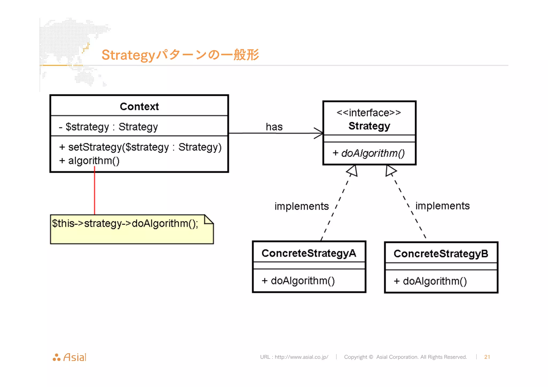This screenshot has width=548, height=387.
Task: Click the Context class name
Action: pyautogui.click(x=139, y=106)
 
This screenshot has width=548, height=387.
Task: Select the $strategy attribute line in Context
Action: pyautogui.click(x=108, y=127)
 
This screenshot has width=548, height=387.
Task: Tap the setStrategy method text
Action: pyautogui.click(x=140, y=147)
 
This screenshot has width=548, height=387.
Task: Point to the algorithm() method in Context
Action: pyautogui.click(x=90, y=161)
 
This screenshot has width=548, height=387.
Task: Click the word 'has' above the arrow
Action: pyautogui.click(x=274, y=127)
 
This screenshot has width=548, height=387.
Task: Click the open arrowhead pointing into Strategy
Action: pyautogui.click(x=318, y=133)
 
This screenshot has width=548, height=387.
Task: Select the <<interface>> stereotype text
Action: pyautogui.click(x=369, y=113)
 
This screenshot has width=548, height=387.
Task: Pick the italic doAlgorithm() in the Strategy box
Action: pyautogui.click(x=369, y=153)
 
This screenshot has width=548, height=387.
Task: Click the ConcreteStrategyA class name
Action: pyautogui.click(x=309, y=253)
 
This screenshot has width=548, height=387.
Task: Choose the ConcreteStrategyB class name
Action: pyautogui.click(x=441, y=254)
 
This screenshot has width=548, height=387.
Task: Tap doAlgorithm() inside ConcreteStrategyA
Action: pyautogui.click(x=298, y=281)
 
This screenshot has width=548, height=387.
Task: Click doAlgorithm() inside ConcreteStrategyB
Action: pyautogui.click(x=430, y=281)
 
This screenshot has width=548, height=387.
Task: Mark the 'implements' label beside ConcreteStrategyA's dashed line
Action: pyautogui.click(x=302, y=206)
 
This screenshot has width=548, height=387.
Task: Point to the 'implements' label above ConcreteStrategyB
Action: pyautogui.click(x=442, y=206)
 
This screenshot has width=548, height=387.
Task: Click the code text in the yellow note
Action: pyautogui.click(x=125, y=223)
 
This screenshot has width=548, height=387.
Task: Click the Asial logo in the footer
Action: pyautogui.click(x=70, y=357)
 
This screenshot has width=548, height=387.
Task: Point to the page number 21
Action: pyautogui.click(x=487, y=357)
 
